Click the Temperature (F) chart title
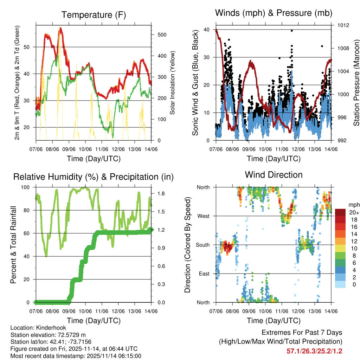[94, 15]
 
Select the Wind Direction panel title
[274, 174]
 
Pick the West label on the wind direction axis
[203, 216]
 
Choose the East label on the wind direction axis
[204, 274]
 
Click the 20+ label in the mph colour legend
[354, 213]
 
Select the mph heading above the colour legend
[353, 205]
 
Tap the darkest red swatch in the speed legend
[341, 213]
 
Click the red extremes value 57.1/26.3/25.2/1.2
[314, 351]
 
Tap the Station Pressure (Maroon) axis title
[356, 83]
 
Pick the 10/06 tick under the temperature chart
[85, 149]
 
